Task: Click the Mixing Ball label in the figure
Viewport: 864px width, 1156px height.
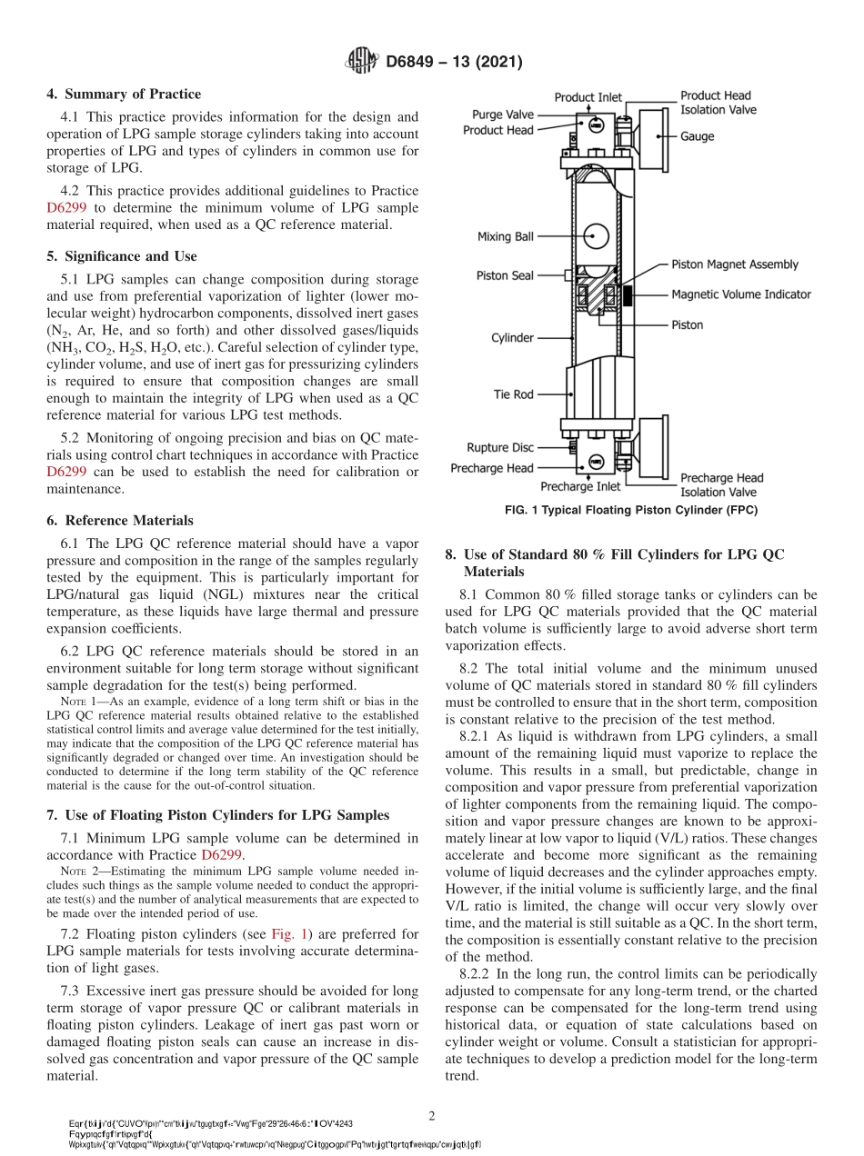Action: (506, 237)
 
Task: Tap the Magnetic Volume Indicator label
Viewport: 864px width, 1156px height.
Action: (741, 294)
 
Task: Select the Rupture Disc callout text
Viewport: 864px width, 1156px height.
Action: (500, 448)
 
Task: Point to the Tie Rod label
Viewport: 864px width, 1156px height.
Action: (513, 394)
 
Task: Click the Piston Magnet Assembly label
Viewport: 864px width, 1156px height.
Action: (735, 264)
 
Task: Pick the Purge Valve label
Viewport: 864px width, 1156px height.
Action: (502, 115)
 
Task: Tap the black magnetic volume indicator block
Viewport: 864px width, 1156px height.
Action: (628, 294)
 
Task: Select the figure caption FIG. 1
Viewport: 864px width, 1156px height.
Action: (630, 511)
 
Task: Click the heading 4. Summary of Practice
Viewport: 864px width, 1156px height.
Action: (124, 95)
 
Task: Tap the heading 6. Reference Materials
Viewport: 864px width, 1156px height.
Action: (120, 521)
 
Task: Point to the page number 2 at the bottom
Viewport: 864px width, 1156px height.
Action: (433, 1116)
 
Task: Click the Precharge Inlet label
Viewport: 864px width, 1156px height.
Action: (581, 486)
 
